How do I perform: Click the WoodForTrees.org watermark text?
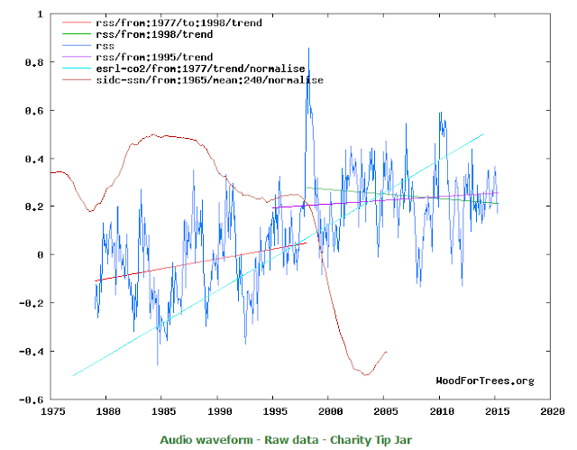[x=484, y=381]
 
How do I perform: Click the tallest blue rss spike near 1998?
[x=308, y=50]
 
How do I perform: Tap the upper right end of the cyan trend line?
[x=484, y=134]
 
